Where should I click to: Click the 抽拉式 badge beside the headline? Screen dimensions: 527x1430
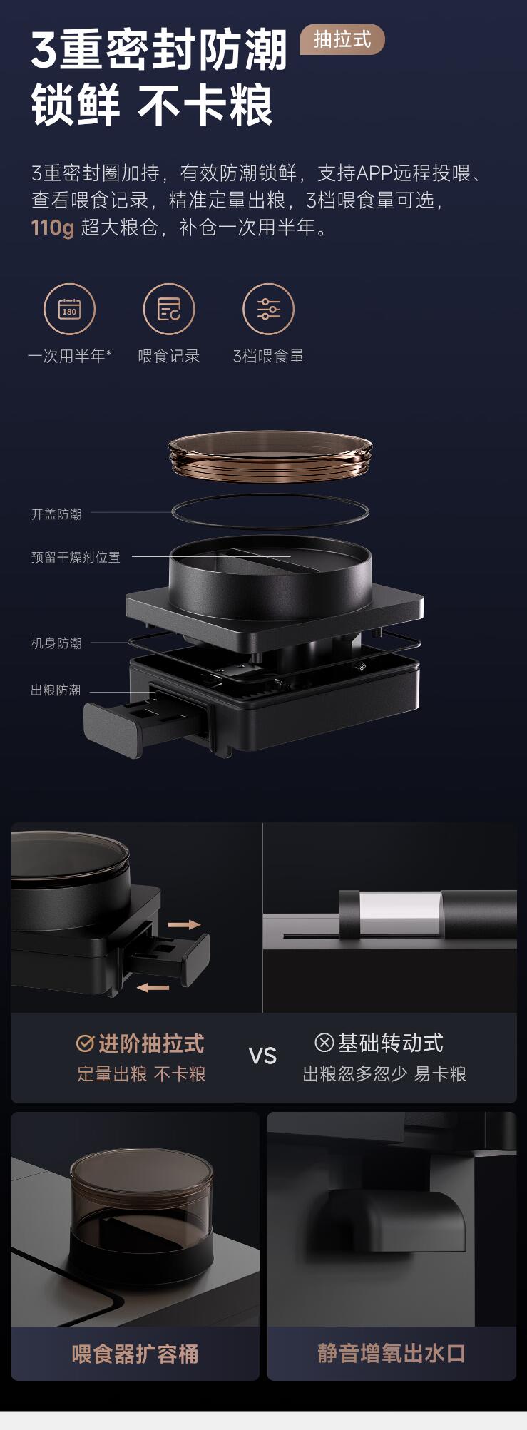point(342,39)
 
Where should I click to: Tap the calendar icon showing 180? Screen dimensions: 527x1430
point(69,309)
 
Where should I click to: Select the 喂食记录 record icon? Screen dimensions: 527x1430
point(169,309)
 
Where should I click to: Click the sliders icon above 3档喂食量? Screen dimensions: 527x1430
point(269,309)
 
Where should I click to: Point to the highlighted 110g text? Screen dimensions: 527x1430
point(52,228)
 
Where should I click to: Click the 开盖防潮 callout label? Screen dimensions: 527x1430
point(56,514)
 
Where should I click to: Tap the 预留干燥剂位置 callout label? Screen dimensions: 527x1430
point(76,557)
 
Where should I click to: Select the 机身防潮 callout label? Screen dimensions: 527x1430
point(56,643)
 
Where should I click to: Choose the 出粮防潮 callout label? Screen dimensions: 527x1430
point(56,690)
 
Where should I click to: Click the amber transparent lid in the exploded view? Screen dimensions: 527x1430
point(270,456)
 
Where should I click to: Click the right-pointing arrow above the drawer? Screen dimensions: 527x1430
point(184,924)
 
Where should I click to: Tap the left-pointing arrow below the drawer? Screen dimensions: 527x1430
point(153,987)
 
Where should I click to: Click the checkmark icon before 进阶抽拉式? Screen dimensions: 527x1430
point(85,1043)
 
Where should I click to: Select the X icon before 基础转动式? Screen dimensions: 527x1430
point(324,1043)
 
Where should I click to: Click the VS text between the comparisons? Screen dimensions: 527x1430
point(262,1056)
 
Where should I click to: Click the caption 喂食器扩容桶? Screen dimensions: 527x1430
point(135,1353)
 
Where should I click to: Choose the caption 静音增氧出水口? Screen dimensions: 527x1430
point(392,1353)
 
